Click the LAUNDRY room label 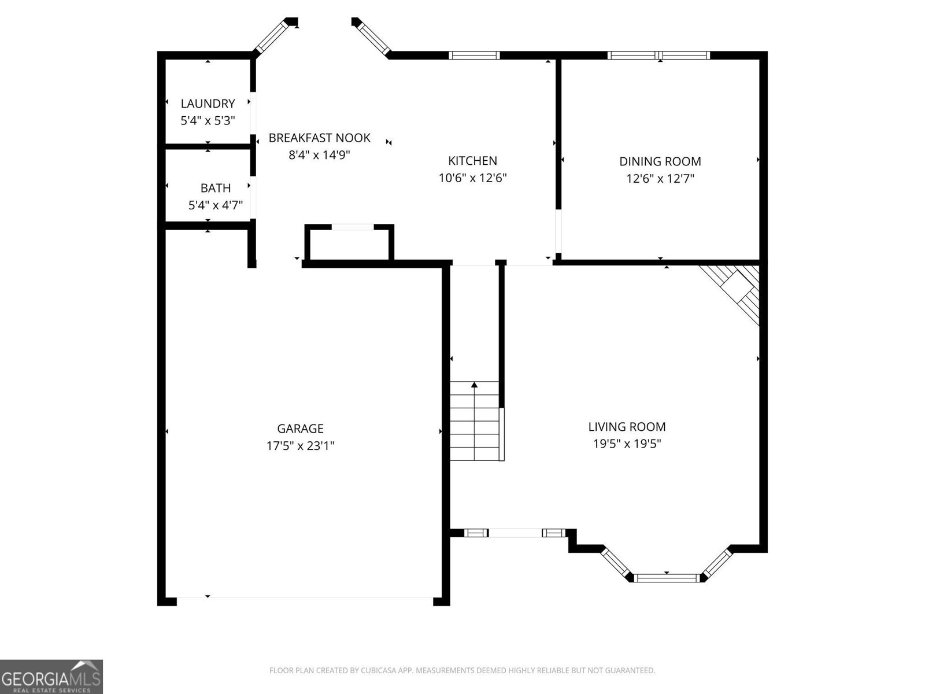pos(208,104)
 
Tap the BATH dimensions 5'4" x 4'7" pos(215,205)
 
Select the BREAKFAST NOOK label pos(319,138)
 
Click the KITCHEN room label pos(472,161)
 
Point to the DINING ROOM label pos(660,161)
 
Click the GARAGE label pos(300,429)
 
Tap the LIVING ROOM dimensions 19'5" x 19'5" pos(627,444)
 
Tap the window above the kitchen pos(474,56)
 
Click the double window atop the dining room pos(658,56)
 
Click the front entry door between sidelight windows pos(515,533)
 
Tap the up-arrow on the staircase pos(475,385)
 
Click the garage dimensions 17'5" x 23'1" pos(300,446)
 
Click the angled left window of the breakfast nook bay pos(272,36)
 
